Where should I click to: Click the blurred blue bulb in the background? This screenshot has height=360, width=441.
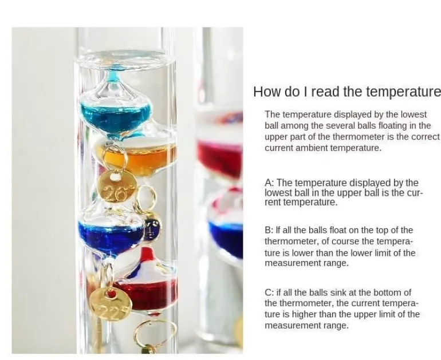click(x=226, y=236)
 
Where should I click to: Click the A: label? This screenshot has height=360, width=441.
click(x=269, y=183)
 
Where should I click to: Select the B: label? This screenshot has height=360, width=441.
click(x=269, y=230)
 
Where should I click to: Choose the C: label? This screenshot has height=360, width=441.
click(x=269, y=292)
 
